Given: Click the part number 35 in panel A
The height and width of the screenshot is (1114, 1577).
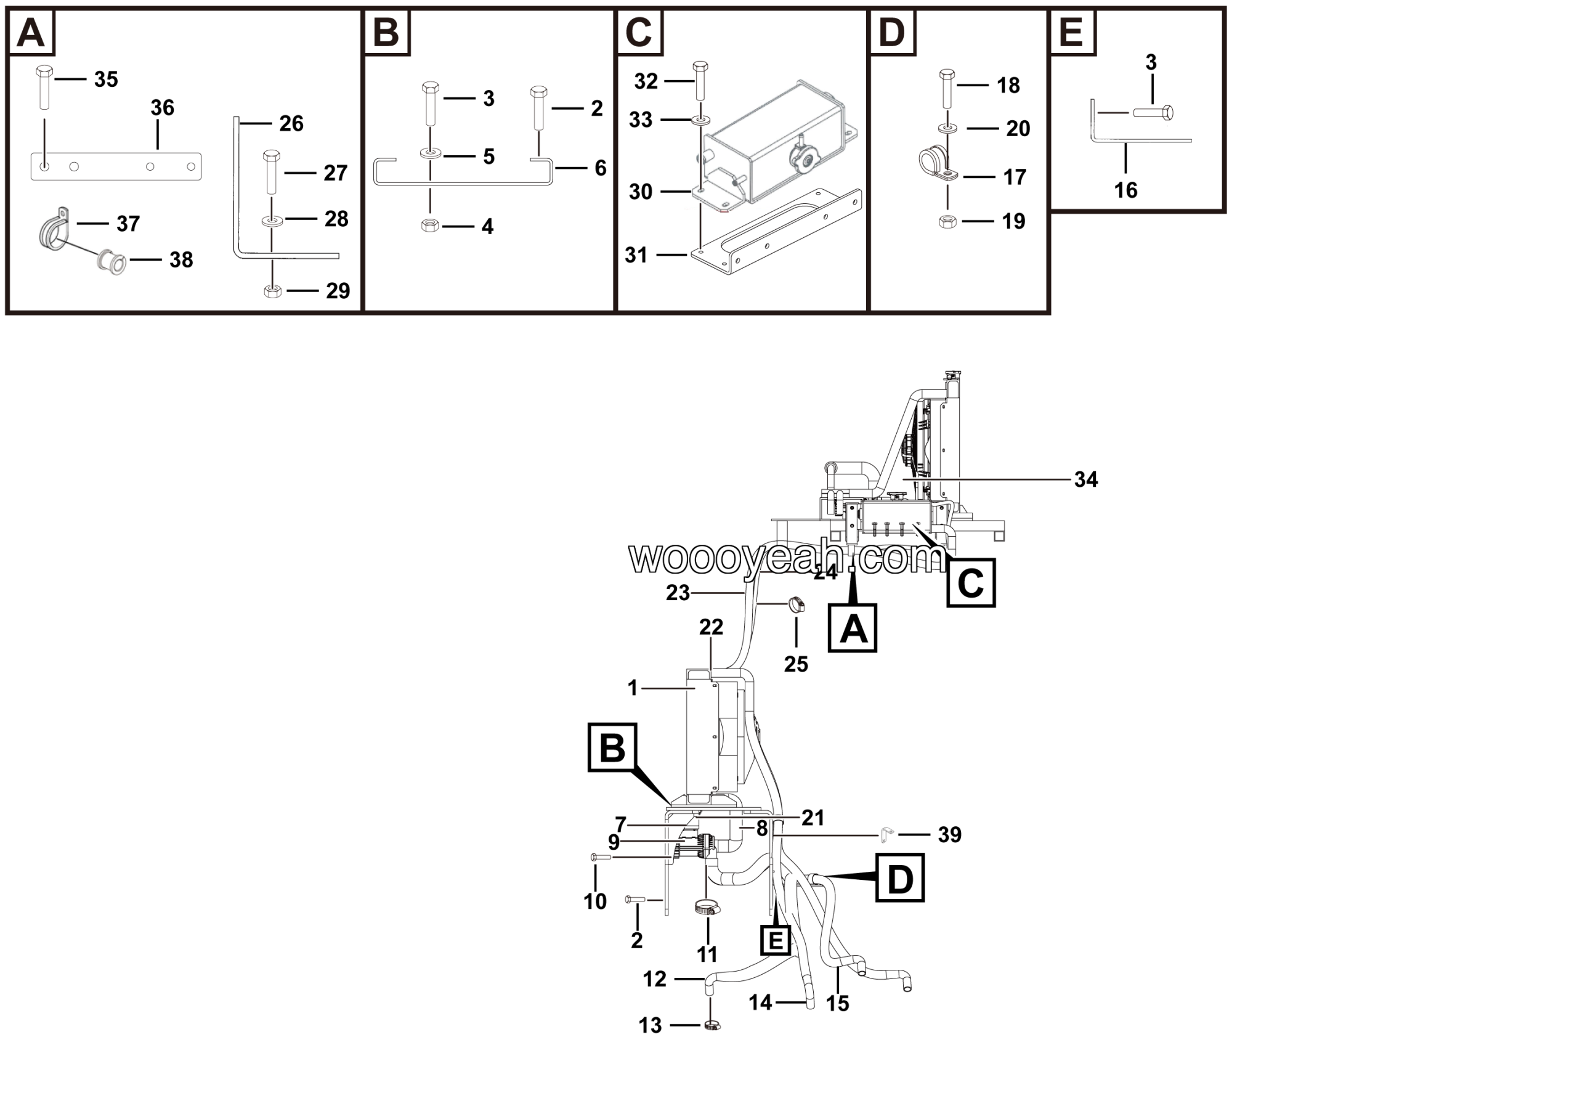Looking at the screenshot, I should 106,79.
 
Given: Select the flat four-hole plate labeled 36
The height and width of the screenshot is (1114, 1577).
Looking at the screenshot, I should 115,167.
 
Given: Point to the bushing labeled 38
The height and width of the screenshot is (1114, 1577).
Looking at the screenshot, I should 111,262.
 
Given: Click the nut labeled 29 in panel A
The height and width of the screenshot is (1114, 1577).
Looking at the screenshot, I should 273,292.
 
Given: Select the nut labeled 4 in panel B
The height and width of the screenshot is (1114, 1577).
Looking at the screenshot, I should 430,226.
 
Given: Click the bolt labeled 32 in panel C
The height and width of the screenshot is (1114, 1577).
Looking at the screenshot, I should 700,81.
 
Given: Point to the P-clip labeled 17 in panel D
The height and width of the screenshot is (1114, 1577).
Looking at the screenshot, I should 936,163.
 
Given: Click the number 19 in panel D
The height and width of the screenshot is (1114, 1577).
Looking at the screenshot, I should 1013,221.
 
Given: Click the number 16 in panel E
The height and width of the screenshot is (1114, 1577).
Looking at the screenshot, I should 1125,190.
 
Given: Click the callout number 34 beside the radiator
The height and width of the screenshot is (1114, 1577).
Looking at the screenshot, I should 1086,479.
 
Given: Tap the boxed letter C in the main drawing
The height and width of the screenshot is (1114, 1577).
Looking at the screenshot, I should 970,583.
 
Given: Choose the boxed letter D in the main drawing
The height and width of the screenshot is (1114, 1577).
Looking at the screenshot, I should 900,878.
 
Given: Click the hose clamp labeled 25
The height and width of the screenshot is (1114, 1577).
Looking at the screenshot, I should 797,605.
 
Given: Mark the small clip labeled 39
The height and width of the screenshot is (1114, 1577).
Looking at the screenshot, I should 886,835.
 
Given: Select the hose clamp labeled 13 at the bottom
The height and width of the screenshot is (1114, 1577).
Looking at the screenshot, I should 711,1026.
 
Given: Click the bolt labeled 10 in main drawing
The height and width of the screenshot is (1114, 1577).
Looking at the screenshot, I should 600,857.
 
